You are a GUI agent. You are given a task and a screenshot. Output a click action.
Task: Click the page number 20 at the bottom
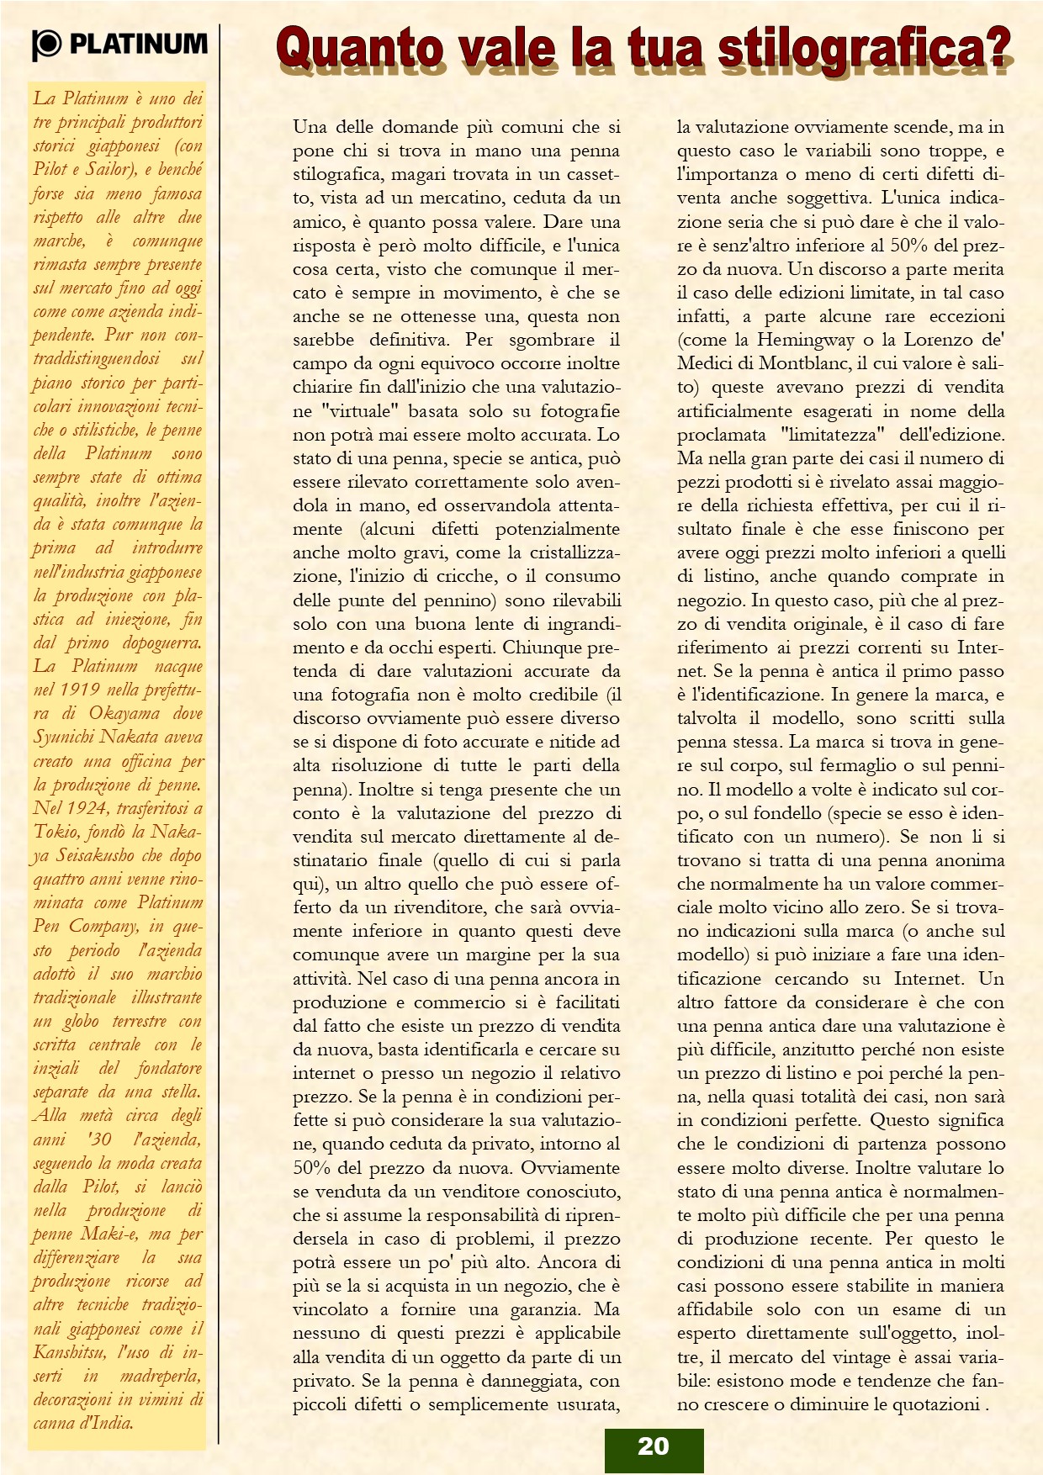coord(653,1446)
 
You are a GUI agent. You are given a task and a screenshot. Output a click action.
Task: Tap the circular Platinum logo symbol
coord(47,45)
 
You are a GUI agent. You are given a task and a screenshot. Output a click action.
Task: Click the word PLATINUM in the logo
coord(138,44)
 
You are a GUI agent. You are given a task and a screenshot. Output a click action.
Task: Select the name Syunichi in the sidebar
coord(63,737)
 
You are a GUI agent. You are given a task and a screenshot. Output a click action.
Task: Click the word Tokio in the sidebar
coord(55,832)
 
